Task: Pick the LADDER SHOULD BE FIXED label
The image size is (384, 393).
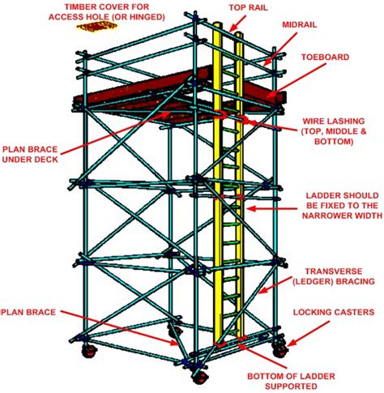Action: [339, 209]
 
